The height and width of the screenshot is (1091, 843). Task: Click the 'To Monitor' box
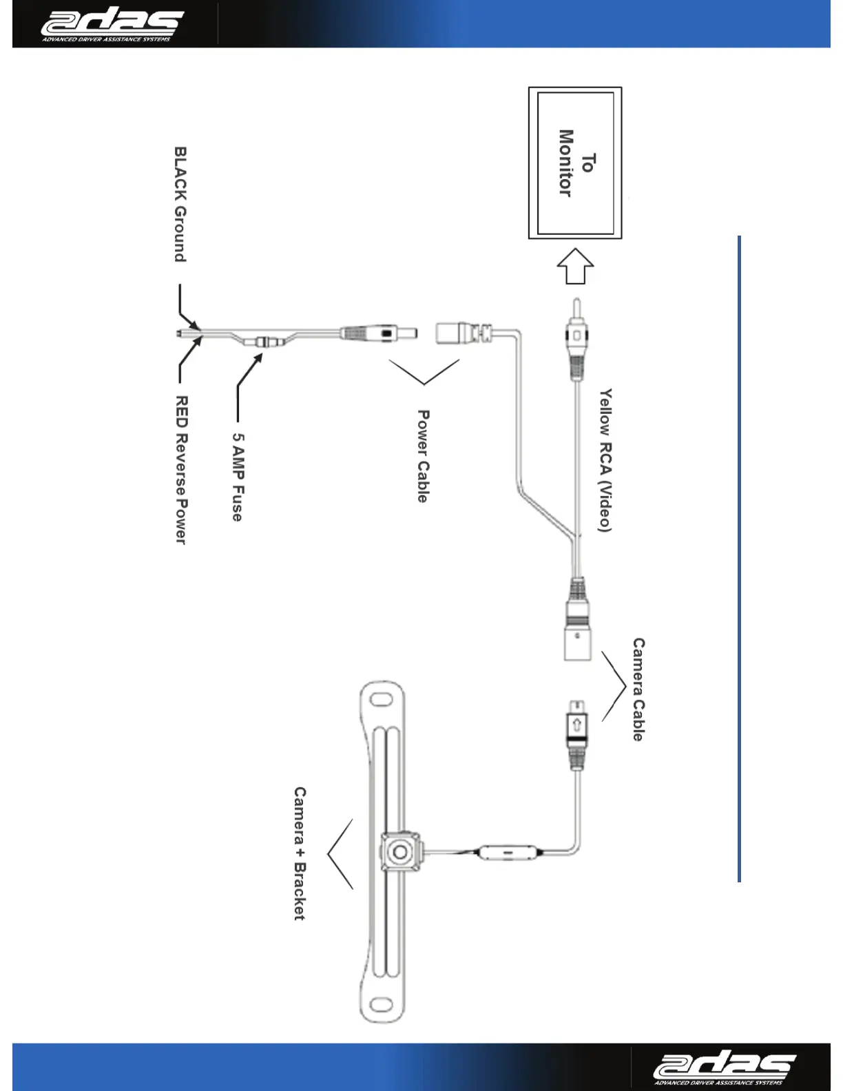click(575, 163)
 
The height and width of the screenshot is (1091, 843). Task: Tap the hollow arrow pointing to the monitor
click(575, 267)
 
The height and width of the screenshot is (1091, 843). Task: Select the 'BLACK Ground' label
click(180, 205)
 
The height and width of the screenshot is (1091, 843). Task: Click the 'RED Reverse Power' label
click(181, 470)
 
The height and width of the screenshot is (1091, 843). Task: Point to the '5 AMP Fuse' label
click(238, 477)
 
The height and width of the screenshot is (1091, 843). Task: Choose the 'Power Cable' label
click(423, 456)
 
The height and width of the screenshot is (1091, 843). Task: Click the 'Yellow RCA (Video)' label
click(605, 460)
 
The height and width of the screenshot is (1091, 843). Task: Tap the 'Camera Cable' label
click(638, 689)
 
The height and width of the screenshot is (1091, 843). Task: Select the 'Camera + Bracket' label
click(300, 853)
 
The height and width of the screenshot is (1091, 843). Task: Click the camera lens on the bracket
click(399, 853)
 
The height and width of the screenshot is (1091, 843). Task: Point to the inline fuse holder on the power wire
click(265, 340)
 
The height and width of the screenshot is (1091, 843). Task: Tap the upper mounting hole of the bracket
click(379, 700)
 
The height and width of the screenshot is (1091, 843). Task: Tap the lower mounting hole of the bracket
click(380, 1006)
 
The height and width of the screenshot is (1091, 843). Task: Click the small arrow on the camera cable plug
click(576, 725)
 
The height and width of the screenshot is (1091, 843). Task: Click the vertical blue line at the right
click(739, 559)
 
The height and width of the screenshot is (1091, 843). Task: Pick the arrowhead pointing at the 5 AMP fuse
click(260, 357)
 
